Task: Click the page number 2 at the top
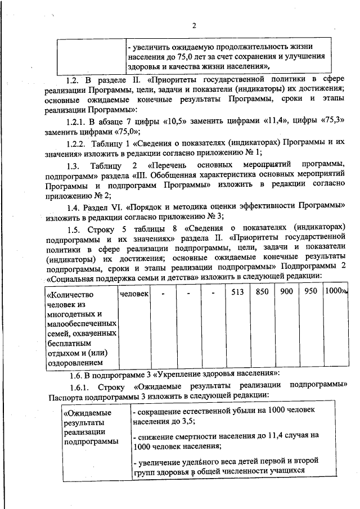coord(194,25)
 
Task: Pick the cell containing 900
coord(287,292)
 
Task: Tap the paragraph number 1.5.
coord(74,229)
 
